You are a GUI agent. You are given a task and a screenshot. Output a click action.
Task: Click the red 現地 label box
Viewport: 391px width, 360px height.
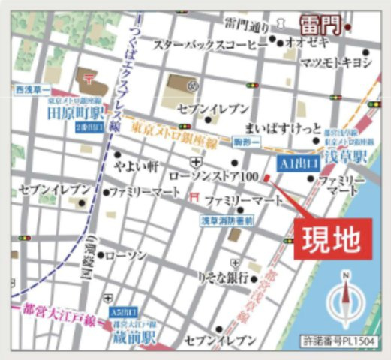coord(330,240)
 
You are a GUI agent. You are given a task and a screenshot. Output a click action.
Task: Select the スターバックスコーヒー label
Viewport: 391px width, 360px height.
coord(210,45)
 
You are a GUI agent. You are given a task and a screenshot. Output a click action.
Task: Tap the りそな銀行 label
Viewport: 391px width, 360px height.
coord(223,277)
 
